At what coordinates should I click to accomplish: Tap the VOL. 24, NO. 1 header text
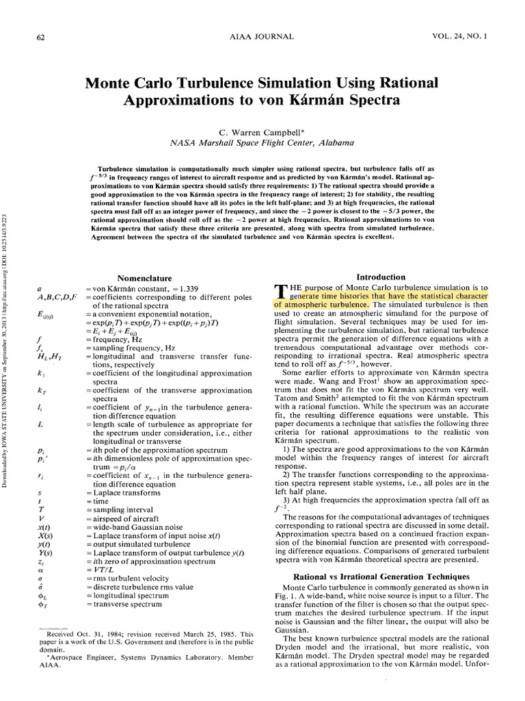472,36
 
